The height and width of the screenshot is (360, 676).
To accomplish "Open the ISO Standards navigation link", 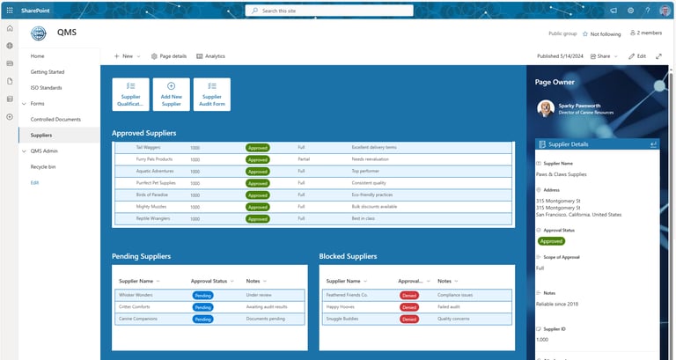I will [x=46, y=87].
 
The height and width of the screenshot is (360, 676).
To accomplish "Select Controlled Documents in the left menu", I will [x=55, y=119].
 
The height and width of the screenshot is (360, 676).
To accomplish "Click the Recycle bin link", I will [x=43, y=166].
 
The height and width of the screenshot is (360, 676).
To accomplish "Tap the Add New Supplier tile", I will [x=171, y=94].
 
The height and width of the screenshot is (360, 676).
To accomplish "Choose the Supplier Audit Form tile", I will [x=211, y=94].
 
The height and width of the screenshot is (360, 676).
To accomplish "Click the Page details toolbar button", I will [x=169, y=55].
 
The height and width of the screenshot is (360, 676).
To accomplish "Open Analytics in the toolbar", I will [x=210, y=55].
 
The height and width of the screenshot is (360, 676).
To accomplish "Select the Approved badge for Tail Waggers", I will [x=257, y=148].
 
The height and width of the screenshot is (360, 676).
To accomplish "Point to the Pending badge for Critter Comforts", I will [x=202, y=307].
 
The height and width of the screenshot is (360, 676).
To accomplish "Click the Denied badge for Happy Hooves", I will [x=409, y=307].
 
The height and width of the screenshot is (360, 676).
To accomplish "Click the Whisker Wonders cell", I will [x=136, y=295].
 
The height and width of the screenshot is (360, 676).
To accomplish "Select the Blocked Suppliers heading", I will [x=348, y=256].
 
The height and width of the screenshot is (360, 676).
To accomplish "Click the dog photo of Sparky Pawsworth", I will [x=546, y=107].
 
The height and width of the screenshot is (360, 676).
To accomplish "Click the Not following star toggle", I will [x=585, y=33].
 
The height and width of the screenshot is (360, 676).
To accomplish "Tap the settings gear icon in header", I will [x=630, y=11].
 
